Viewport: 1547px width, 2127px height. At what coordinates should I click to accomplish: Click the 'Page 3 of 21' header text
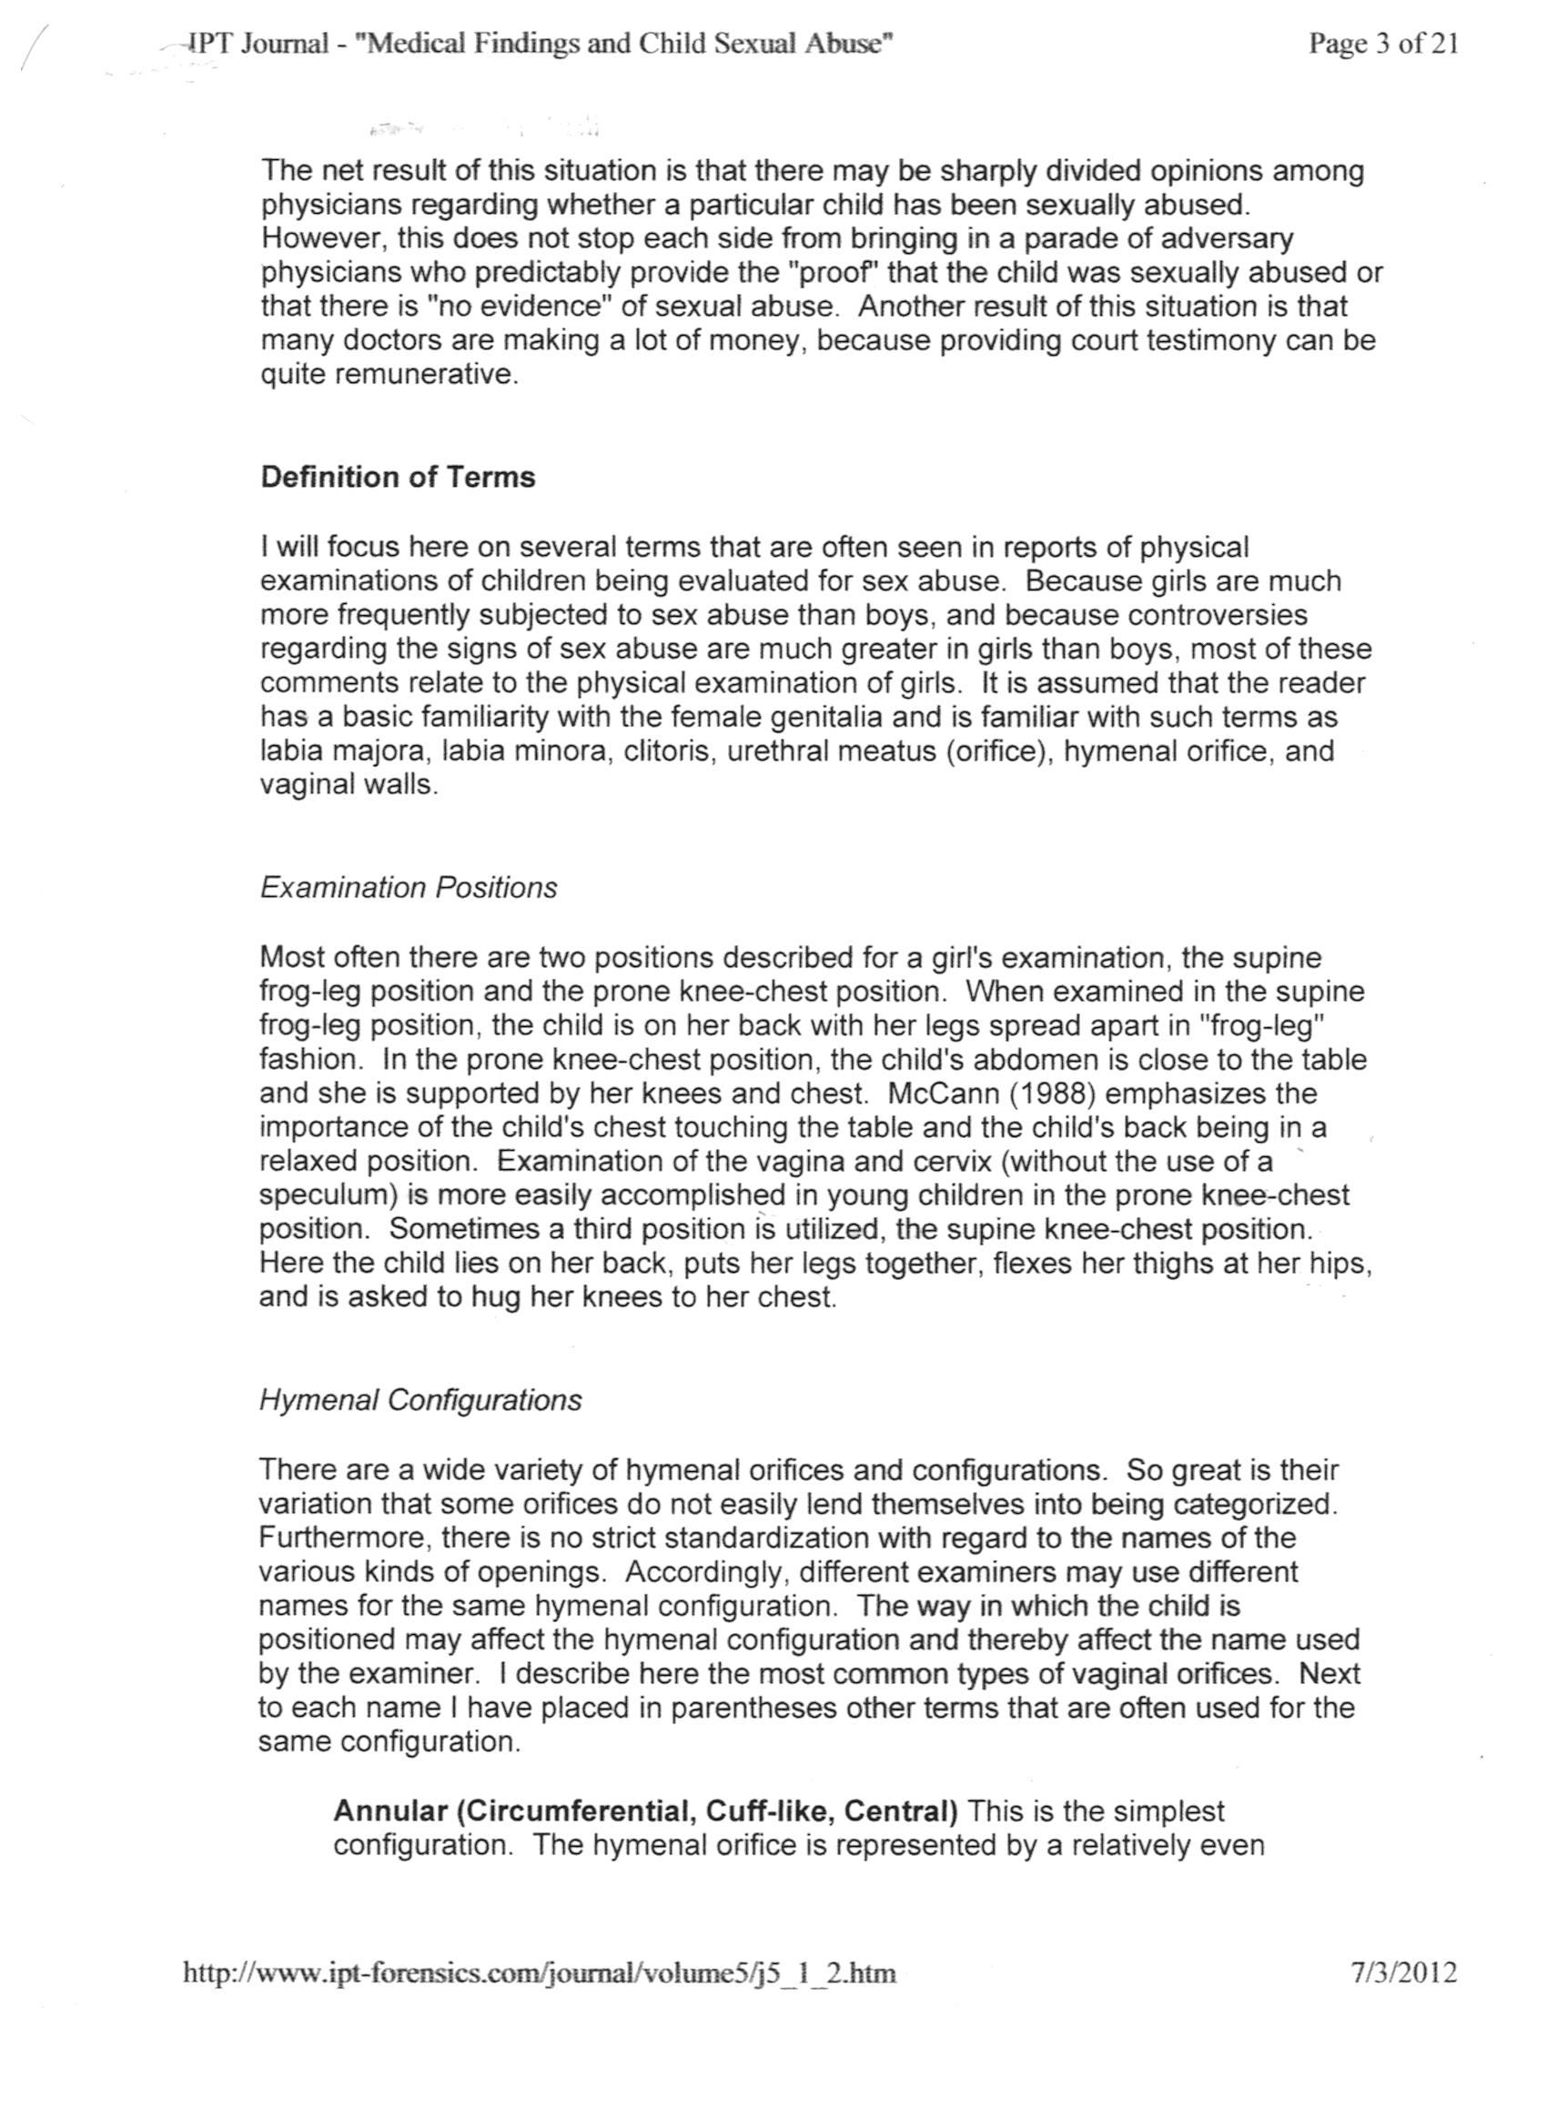pyautogui.click(x=1383, y=44)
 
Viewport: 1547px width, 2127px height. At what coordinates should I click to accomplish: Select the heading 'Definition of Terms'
pyautogui.click(x=398, y=478)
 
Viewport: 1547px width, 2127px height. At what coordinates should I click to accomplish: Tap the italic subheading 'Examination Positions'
pyautogui.click(x=408, y=887)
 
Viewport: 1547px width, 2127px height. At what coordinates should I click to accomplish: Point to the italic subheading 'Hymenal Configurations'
pyautogui.click(x=420, y=1400)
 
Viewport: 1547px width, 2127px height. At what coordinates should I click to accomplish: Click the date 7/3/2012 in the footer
pyautogui.click(x=1404, y=1973)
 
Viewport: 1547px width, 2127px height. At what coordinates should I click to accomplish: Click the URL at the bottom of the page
pyautogui.click(x=540, y=1974)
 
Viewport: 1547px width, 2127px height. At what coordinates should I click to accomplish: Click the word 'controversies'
pyautogui.click(x=1218, y=615)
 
